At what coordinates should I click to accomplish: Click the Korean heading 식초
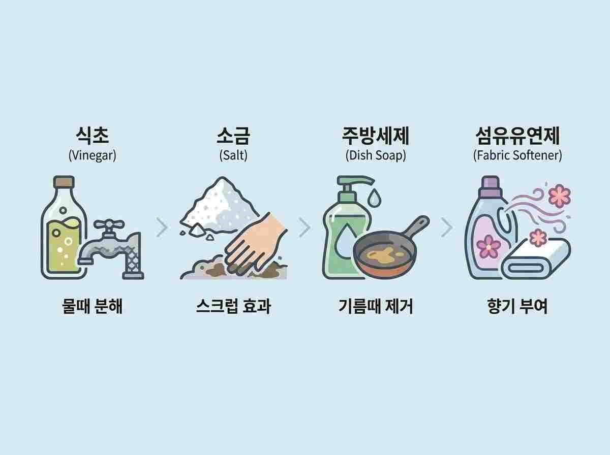tap(93, 136)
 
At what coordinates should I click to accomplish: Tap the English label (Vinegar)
tap(93, 155)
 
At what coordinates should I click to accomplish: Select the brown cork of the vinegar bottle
tap(64, 181)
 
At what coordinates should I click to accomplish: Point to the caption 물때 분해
tap(93, 307)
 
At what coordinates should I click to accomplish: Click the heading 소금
tap(233, 136)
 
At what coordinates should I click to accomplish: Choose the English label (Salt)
tap(233, 155)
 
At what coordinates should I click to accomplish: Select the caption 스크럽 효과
tap(233, 307)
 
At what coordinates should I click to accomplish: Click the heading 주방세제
tap(376, 136)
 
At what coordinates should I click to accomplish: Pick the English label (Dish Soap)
tap(376, 155)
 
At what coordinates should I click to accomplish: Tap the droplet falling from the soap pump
tap(374, 197)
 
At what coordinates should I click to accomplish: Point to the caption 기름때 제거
tap(376, 307)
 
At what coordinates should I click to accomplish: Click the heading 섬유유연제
tap(517, 136)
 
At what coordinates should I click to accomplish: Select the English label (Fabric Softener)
tap(517, 155)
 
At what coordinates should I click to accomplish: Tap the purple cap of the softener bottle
tap(490, 186)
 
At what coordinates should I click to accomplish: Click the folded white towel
tap(536, 259)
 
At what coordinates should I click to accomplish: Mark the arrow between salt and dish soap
tap(304, 227)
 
